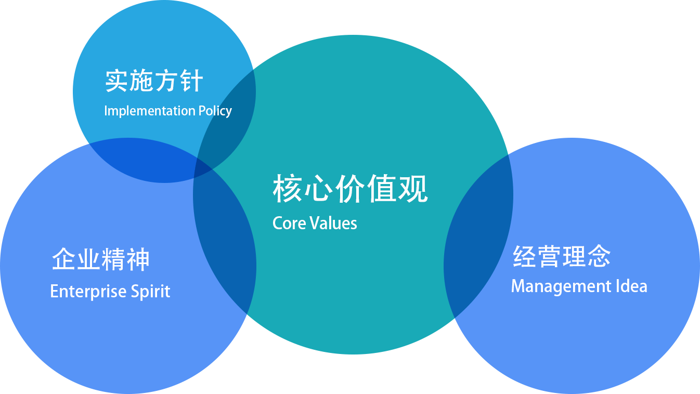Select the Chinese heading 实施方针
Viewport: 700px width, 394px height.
pyautogui.click(x=154, y=82)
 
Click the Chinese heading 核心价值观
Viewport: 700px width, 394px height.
pyautogui.click(x=350, y=189)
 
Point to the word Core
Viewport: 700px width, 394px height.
pyautogui.click(x=289, y=223)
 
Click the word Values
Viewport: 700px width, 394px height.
pyautogui.click(x=333, y=223)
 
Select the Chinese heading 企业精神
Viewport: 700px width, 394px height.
pyautogui.click(x=101, y=259)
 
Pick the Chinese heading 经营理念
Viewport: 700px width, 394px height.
pyautogui.click(x=562, y=256)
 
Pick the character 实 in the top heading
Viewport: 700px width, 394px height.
pyautogui.click(x=117, y=82)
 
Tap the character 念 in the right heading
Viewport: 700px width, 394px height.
pyautogui.click(x=599, y=256)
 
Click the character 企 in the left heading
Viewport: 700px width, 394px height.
pyautogui.click(x=64, y=259)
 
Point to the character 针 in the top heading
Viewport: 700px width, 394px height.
pyautogui.click(x=191, y=82)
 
